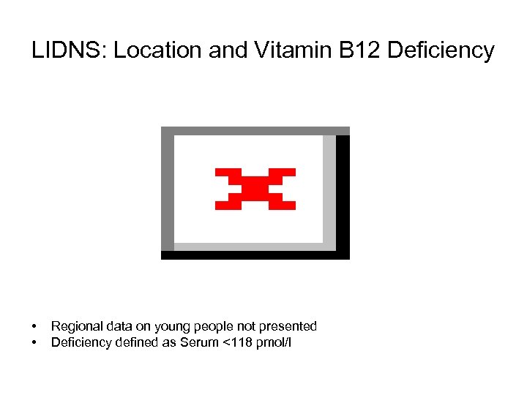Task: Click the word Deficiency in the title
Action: [441, 51]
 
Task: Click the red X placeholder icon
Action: [255, 189]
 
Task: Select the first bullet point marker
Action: [34, 326]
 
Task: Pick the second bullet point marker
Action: [34, 342]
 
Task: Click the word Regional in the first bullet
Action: [75, 326]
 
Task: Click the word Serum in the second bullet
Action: [193, 342]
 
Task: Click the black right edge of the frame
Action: [343, 194]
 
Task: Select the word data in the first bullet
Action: [118, 326]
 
